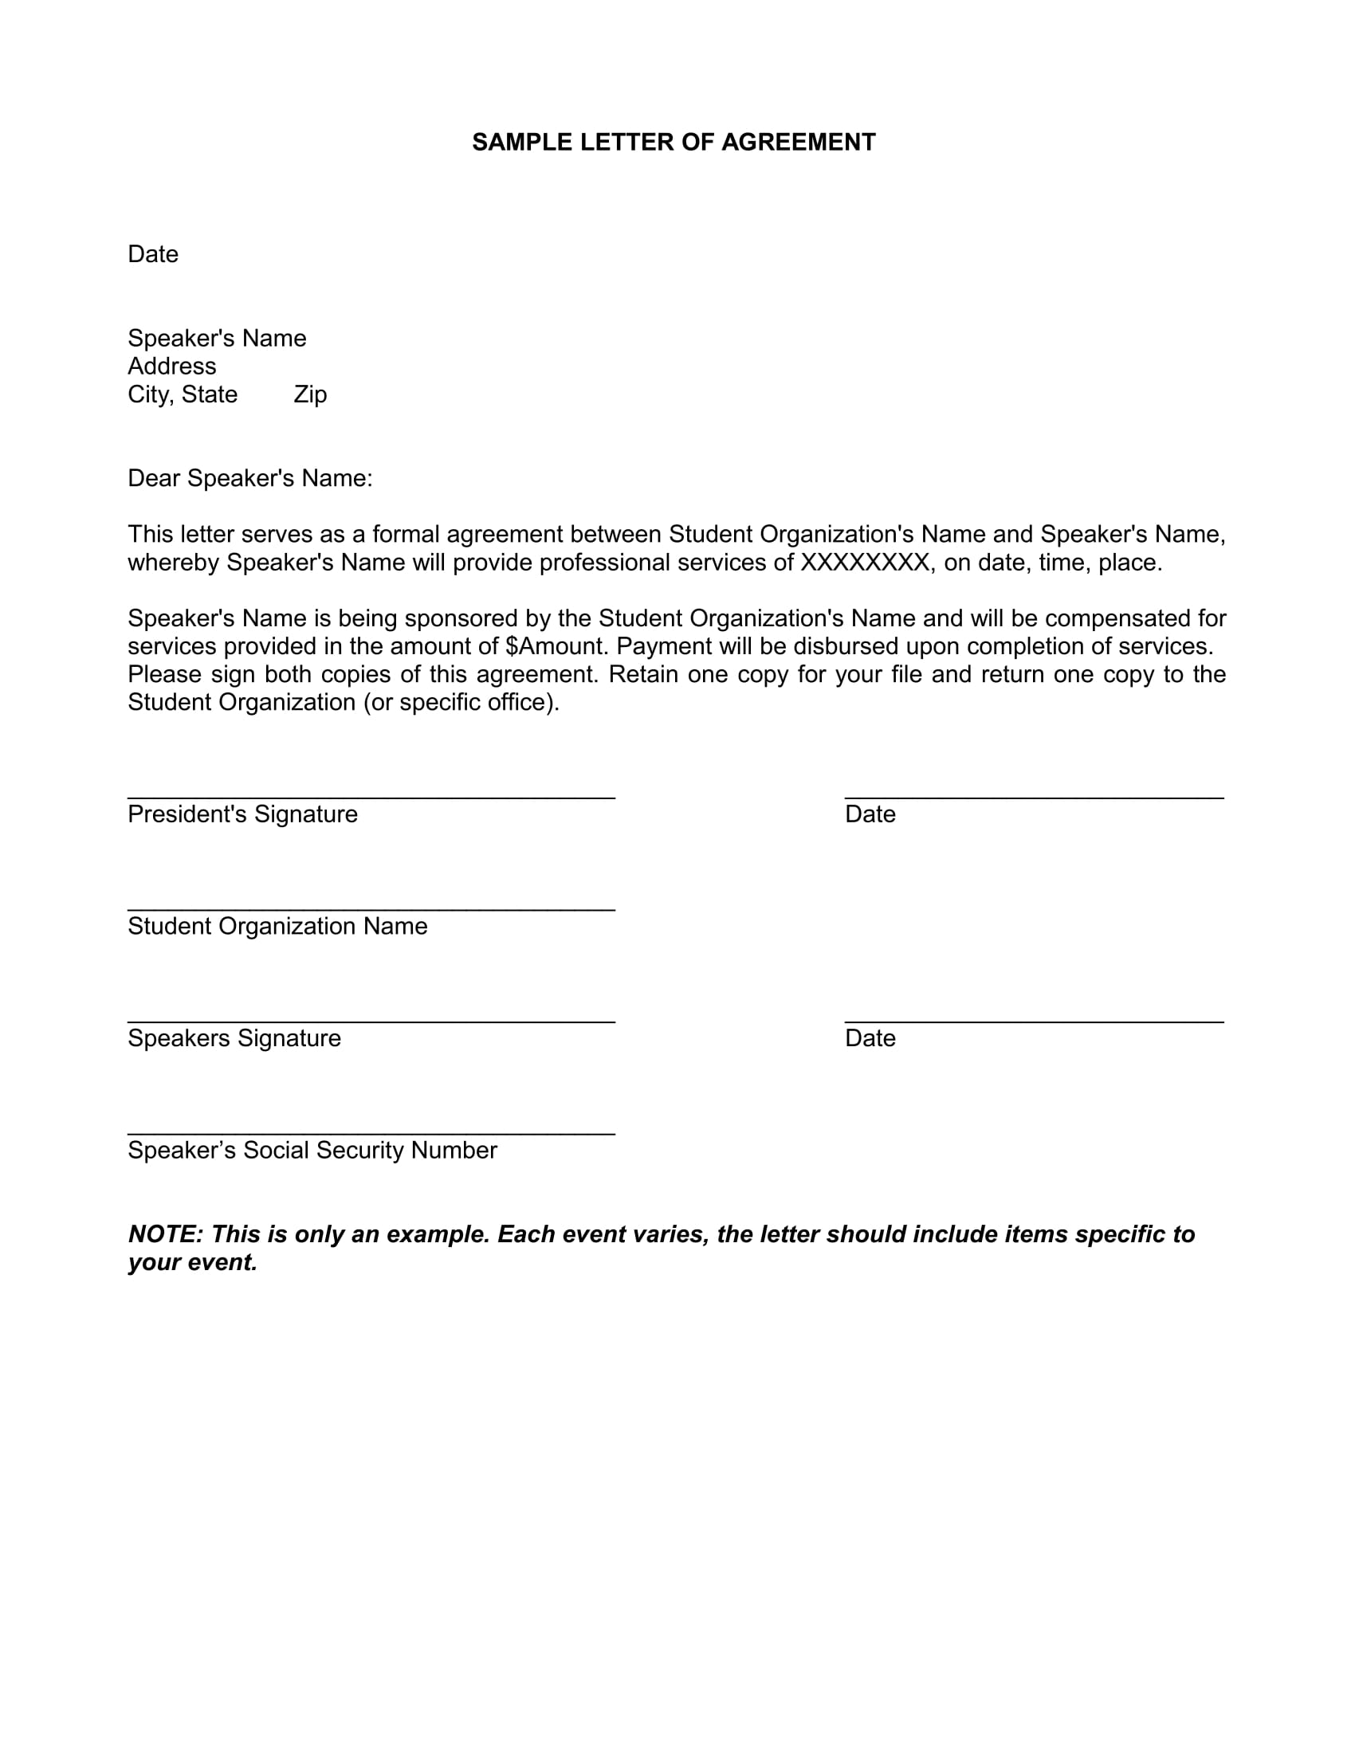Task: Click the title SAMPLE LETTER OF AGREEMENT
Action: tap(673, 142)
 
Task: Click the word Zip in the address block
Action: tap(310, 394)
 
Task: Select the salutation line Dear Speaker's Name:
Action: tap(249, 478)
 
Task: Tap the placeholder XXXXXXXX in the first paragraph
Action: tap(865, 563)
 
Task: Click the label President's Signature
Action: tap(242, 814)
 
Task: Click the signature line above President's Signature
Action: tap(371, 797)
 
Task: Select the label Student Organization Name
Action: tap(277, 926)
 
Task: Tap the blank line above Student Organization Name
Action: tap(371, 909)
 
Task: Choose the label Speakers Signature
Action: tap(234, 1037)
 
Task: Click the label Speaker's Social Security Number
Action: tap(312, 1150)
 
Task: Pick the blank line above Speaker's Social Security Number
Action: tap(371, 1133)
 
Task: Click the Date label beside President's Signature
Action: tap(870, 814)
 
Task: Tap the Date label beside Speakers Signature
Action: tap(870, 1037)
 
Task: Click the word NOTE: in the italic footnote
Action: tap(166, 1233)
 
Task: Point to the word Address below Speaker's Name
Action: tap(172, 366)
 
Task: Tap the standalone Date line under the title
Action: tap(152, 254)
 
